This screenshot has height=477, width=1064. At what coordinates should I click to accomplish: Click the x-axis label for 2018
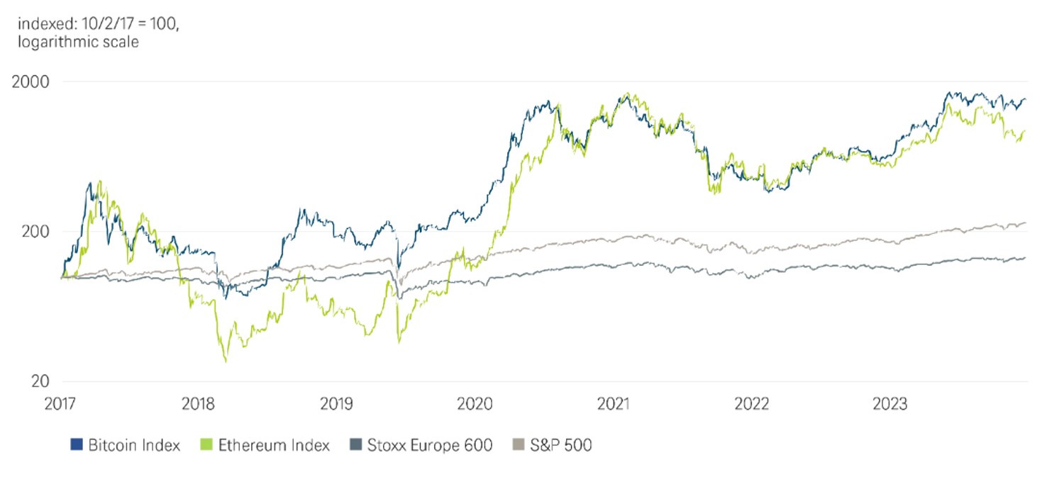point(199,404)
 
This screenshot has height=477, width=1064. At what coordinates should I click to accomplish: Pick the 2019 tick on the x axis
point(338,404)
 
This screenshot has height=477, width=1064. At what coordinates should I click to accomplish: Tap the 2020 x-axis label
point(475,404)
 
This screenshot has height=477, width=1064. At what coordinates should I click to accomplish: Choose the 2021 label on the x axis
point(614,404)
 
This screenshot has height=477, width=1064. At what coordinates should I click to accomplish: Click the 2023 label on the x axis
point(890,404)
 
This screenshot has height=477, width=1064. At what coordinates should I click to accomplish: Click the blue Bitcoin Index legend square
point(76,445)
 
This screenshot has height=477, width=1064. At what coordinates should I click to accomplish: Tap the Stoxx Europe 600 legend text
point(430,445)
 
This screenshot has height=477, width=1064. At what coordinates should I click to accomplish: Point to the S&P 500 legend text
point(561,445)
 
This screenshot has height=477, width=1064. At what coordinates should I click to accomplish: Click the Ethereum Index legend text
point(274,445)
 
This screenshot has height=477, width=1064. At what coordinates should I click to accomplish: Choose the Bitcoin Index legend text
point(134,445)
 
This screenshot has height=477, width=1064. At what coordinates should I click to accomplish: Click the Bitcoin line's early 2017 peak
point(90,183)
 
